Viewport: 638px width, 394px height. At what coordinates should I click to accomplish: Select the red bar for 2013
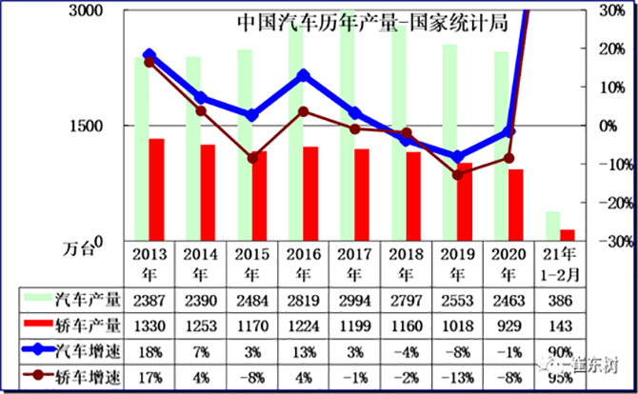point(156,189)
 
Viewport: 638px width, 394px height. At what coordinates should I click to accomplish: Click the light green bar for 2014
point(193,148)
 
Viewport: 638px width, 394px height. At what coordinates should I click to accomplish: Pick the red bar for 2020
point(516,205)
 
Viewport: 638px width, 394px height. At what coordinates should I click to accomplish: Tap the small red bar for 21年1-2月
point(568,235)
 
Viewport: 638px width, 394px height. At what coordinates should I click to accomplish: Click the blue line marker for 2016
point(304,74)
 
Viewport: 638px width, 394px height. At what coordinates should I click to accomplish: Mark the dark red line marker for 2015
point(252,157)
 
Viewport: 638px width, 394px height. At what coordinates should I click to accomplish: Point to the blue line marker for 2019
point(458,157)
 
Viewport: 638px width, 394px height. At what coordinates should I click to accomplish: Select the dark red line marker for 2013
point(150,62)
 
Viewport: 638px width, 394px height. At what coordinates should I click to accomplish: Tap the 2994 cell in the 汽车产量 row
point(354,300)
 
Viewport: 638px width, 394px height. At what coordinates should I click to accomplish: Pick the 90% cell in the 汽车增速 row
point(560,349)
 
